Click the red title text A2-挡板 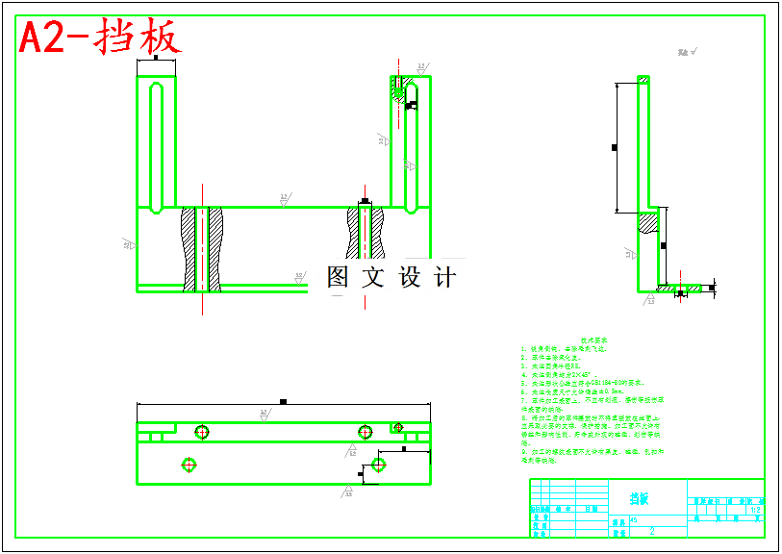tap(100, 38)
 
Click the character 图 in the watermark tap(339, 277)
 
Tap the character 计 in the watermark tap(445, 277)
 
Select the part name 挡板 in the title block tap(639, 498)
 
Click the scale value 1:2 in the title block tap(755, 510)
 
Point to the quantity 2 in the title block tap(652, 530)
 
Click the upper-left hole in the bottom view tap(201, 431)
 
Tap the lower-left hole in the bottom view tap(188, 465)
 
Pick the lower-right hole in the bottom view tap(378, 465)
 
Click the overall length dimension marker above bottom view tap(283, 401)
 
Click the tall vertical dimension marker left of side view tap(615, 147)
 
